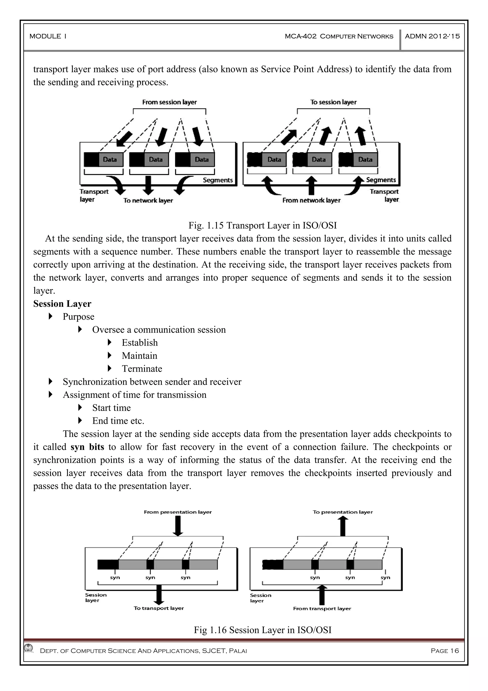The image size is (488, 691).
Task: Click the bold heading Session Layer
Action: point(62,304)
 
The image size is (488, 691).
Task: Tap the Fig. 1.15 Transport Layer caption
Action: point(263,225)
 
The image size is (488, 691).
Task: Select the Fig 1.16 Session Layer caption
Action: point(263,630)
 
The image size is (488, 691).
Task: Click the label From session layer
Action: point(169,102)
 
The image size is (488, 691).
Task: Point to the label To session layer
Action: point(333,102)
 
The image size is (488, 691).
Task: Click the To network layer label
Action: point(148,200)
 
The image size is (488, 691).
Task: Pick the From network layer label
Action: point(311,200)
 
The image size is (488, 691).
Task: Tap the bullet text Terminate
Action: point(142,369)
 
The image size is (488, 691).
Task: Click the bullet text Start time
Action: point(112,408)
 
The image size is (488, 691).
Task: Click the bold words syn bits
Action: point(87,447)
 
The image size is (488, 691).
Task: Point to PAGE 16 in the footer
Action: point(445,651)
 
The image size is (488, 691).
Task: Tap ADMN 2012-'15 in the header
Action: point(432,36)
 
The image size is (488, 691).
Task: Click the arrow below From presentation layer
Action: point(178,525)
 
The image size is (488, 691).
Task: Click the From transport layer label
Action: point(322,608)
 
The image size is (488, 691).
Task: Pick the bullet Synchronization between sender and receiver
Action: point(152,382)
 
